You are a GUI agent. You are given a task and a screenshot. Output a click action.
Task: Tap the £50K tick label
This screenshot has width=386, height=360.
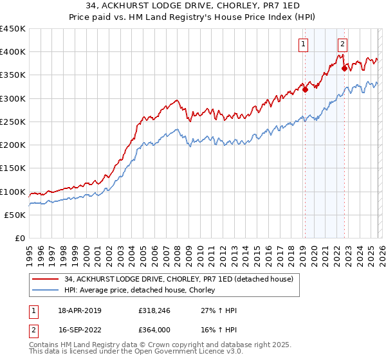click(15, 215)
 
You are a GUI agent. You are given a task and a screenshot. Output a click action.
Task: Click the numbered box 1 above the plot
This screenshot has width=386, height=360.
click(303, 44)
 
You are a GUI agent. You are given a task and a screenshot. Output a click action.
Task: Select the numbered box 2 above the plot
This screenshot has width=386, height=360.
click(342, 44)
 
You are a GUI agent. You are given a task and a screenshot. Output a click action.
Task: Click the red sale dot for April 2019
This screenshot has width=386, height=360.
click(305, 90)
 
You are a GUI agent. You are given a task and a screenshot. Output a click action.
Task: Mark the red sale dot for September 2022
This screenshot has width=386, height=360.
click(344, 69)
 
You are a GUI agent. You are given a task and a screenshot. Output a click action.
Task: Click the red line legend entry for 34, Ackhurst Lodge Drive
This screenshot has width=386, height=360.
click(179, 279)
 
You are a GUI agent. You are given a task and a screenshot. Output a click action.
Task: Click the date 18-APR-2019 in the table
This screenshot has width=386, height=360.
click(79, 310)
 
